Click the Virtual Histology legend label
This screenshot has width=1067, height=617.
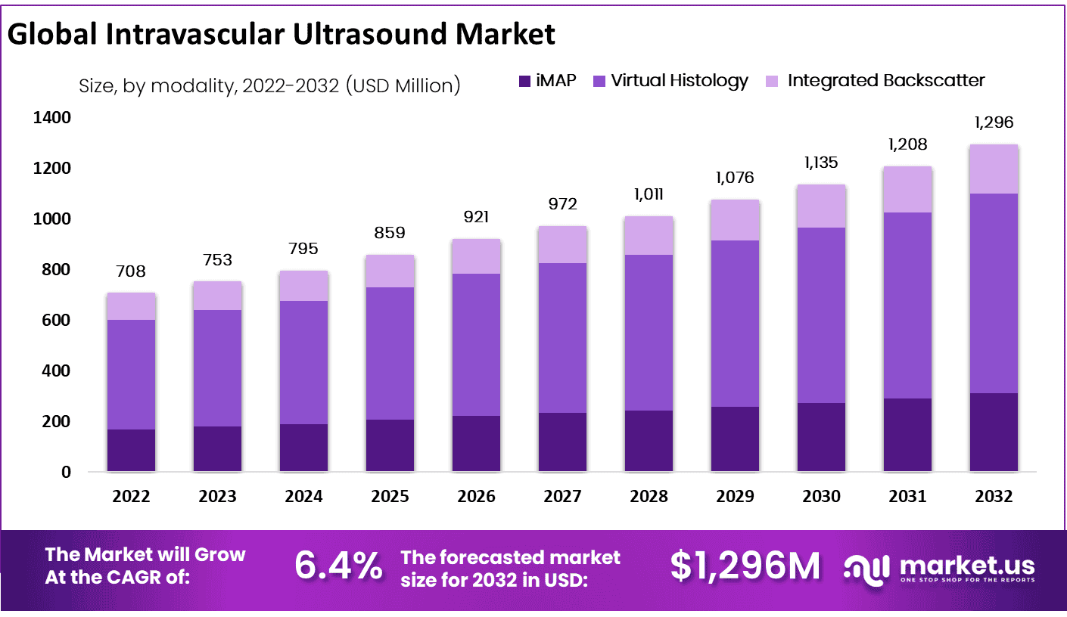(679, 81)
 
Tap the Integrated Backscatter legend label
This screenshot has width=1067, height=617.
(886, 81)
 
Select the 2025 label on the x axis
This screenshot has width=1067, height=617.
(390, 496)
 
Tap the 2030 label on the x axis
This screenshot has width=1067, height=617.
(821, 496)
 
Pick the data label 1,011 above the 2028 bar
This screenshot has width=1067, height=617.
(649, 194)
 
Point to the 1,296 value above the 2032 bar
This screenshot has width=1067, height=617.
(994, 122)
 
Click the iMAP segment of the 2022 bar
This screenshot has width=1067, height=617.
(131, 451)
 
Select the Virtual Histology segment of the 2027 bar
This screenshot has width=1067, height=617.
(562, 337)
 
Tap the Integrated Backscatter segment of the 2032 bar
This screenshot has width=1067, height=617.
(994, 169)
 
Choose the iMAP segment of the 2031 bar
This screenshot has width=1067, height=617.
(907, 435)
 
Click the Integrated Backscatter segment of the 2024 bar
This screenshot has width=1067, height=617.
(303, 286)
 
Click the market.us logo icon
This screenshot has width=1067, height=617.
(869, 567)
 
